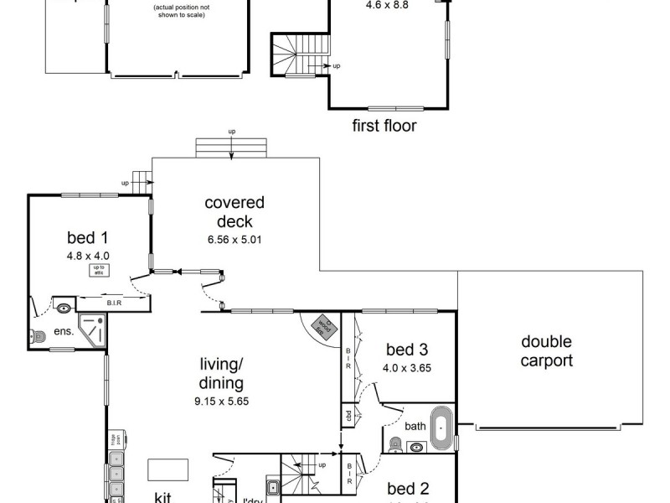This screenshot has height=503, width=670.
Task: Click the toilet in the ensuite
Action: [x=36, y=336]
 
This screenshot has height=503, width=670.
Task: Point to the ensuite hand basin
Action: [x=64, y=307]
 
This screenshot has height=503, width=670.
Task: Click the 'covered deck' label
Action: [x=234, y=212]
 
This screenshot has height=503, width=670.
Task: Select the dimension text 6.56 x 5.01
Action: [x=234, y=239]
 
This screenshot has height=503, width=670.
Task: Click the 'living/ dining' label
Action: [x=221, y=374]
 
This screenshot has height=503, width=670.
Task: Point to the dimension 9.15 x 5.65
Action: [x=221, y=401]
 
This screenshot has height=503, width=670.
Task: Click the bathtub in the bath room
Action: [x=441, y=425]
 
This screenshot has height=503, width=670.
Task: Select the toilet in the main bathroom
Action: [x=396, y=444]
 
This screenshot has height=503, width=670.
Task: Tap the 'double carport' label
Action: [x=546, y=351]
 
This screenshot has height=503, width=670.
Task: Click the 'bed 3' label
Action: [x=406, y=350]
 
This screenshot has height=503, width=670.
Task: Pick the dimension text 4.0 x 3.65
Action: [x=406, y=367]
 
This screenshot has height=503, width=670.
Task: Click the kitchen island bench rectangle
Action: [x=168, y=469]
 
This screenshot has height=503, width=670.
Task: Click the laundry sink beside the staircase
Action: [x=273, y=488]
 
